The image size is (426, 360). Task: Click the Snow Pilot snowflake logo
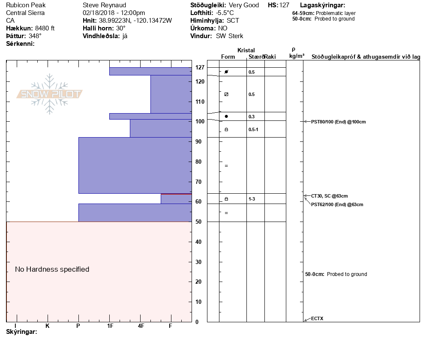coord(50,94)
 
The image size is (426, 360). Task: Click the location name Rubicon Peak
coord(26,5)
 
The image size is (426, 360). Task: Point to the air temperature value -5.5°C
coord(225,13)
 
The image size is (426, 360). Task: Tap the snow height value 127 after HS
coord(284,5)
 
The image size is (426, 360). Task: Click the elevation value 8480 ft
coord(45,28)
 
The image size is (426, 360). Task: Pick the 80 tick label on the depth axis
coord(199,162)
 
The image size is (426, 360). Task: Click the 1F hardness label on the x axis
coord(110,326)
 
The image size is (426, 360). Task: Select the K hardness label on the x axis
coord(48,326)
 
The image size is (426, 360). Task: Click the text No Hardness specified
coord(52,269)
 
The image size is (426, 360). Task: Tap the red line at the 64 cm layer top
coord(176,194)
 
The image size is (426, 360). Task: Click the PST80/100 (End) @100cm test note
coord(338,122)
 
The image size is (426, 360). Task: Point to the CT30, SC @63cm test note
coord(329,196)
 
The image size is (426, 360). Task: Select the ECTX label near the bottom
coord(317,318)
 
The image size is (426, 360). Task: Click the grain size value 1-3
coord(252,199)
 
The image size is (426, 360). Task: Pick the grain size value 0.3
coord(252,117)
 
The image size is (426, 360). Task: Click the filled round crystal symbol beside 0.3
coord(226,116)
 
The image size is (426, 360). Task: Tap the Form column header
coord(228,57)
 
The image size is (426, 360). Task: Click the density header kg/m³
coord(297,56)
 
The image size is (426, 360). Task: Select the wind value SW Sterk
coord(230,36)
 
